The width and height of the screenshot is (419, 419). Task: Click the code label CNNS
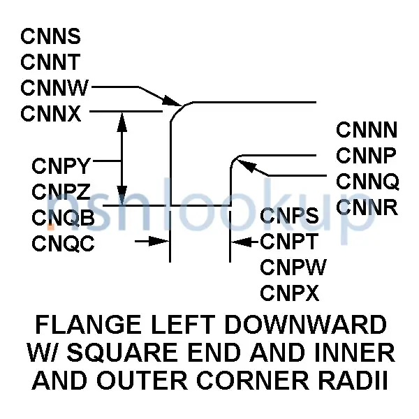tap(50, 36)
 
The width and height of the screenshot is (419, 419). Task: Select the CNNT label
tap(50, 61)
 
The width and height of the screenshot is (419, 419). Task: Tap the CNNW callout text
tap(54, 88)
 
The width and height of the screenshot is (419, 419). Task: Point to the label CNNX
tap(51, 114)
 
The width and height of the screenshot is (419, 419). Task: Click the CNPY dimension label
tap(61, 166)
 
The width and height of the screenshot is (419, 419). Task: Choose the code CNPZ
tap(61, 191)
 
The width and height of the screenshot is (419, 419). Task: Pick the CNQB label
tap(63, 217)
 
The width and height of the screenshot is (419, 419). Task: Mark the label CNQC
tap(63, 243)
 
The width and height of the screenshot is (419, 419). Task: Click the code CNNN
tap(367, 130)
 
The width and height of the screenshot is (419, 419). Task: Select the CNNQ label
tap(368, 182)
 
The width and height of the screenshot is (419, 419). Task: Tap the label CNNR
tap(367, 207)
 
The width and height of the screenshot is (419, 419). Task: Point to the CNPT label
tap(289, 241)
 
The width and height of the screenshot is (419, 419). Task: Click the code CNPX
tap(290, 293)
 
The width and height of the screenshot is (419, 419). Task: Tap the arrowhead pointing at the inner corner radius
tap(246, 166)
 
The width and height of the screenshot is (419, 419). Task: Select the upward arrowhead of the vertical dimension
tap(122, 122)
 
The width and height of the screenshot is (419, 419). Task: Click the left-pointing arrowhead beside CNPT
tap(241, 242)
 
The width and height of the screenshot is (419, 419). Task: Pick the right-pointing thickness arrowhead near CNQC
tap(159, 241)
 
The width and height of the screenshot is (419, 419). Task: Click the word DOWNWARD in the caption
tap(305, 325)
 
